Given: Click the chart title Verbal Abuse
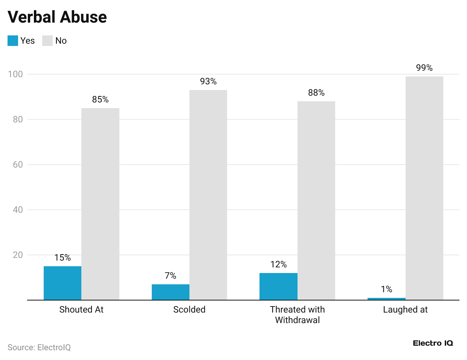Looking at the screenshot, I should click(x=57, y=17).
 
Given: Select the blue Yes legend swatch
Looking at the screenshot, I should click(x=13, y=41).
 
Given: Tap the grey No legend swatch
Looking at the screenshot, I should click(x=47, y=41).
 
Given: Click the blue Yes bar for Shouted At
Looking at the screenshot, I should click(x=63, y=283).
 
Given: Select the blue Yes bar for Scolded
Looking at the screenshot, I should click(x=171, y=292).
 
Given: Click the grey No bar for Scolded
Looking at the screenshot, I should click(x=208, y=195).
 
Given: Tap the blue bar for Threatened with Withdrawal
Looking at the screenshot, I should click(x=278, y=287).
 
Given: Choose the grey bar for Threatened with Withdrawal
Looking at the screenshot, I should click(x=316, y=201).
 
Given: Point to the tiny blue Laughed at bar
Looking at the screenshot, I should click(x=386, y=299).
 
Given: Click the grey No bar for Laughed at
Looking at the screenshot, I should click(x=424, y=188).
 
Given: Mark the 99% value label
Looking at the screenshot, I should click(x=424, y=68).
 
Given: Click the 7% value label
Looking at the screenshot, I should click(x=171, y=276).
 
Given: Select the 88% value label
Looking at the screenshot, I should click(x=316, y=93).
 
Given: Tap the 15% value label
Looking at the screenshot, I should click(x=63, y=258).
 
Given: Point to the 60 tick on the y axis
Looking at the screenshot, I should click(x=18, y=165).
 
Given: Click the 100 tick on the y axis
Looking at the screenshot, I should click(x=15, y=74).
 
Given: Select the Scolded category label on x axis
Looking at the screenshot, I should click(x=189, y=310).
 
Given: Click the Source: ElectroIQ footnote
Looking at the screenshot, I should click(x=39, y=347).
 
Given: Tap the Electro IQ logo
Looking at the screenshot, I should click(x=433, y=343).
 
